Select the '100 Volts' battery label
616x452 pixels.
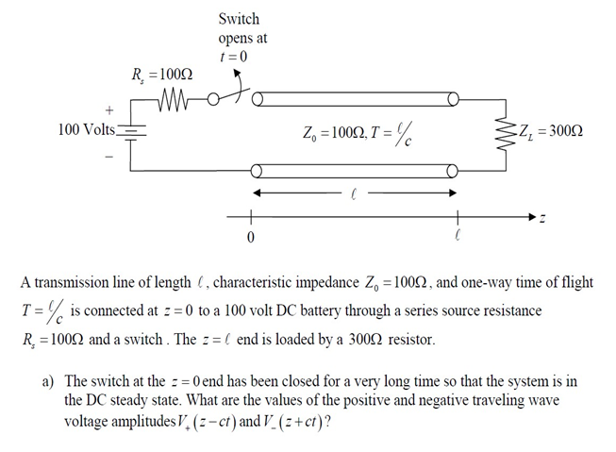tap(85, 128)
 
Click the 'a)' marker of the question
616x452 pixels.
tap(47, 380)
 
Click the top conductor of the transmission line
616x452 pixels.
tap(355, 98)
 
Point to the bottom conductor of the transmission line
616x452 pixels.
tap(355, 170)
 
